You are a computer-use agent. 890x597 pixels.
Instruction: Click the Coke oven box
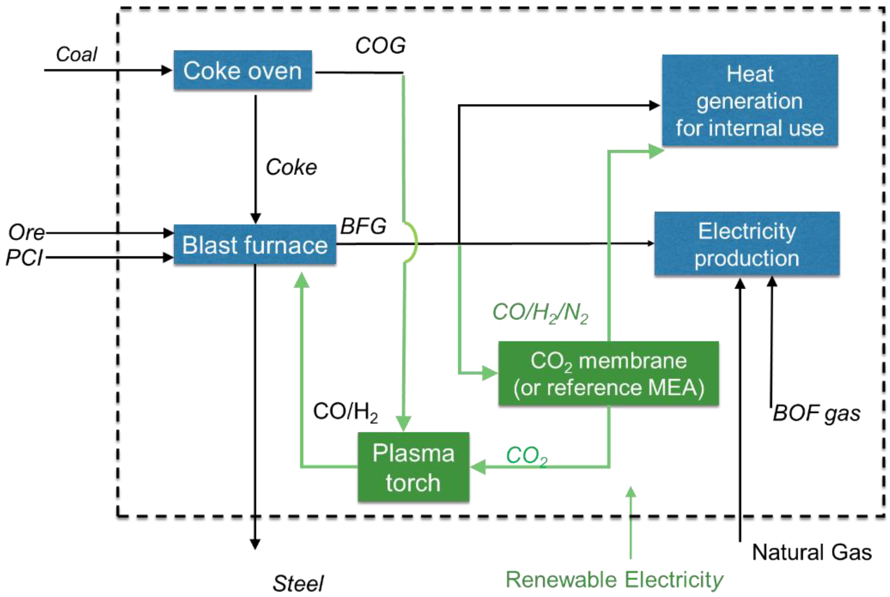243,70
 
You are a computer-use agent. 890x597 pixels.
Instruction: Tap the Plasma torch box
413,467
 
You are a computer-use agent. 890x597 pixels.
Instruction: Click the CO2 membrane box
608,373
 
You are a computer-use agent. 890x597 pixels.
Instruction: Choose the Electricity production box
746,244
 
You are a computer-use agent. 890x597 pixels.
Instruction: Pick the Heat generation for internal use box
749,100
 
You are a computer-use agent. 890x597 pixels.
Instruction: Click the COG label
380,46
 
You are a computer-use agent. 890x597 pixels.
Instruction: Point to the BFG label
363,226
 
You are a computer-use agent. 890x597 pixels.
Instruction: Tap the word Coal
76,54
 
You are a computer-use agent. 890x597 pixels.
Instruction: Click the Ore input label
26,232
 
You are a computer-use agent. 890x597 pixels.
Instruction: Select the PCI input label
24,258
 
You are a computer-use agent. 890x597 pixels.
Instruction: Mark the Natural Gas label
812,552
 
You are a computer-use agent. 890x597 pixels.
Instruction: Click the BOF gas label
816,413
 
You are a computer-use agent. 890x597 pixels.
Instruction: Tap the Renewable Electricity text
614,580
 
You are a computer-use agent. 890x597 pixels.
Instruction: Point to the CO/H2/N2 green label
540,313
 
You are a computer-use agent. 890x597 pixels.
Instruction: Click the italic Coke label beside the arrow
291,167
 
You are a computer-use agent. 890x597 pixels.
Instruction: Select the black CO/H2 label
345,412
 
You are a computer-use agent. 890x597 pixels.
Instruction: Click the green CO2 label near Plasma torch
526,455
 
